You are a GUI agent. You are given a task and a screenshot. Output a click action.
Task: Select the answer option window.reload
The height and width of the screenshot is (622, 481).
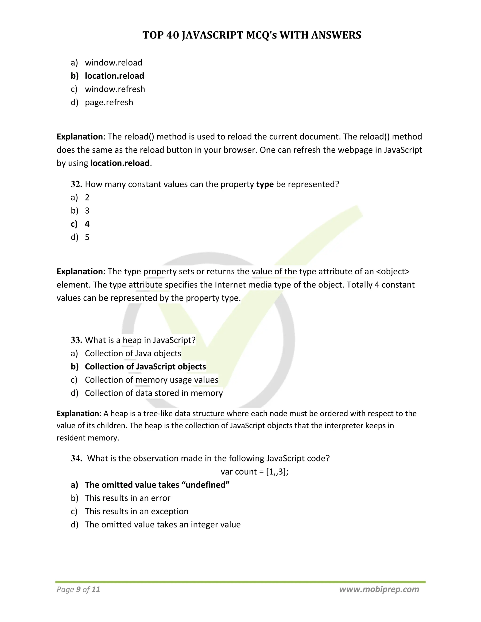pyautogui.click(x=113, y=63)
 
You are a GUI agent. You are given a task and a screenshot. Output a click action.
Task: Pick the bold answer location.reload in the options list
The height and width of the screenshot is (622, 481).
pyautogui.click(x=114, y=76)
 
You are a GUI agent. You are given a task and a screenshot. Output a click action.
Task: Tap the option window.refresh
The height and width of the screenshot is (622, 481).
pyautogui.click(x=115, y=89)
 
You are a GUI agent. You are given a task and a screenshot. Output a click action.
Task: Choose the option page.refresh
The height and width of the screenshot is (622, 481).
pyautogui.click(x=109, y=102)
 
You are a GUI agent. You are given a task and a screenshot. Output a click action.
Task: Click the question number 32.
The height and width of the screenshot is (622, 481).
pyautogui.click(x=76, y=184)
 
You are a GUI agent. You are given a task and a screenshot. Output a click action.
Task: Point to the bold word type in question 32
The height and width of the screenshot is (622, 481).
pyautogui.click(x=265, y=184)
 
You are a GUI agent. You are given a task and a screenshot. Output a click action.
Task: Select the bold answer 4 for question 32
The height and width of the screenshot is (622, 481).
pyautogui.click(x=87, y=224)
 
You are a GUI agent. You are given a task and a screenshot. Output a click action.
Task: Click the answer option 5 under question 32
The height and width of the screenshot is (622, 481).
pyautogui.click(x=87, y=237)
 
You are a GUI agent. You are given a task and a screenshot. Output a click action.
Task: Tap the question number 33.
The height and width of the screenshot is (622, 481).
pyautogui.click(x=76, y=340)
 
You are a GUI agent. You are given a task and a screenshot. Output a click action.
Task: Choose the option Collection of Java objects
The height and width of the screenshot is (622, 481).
pyautogui.click(x=133, y=353)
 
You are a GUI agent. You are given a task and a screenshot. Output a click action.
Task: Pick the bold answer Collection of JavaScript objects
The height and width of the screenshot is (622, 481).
pyautogui.click(x=145, y=367)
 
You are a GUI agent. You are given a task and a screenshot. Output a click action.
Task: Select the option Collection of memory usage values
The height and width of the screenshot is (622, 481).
pyautogui.click(x=151, y=380)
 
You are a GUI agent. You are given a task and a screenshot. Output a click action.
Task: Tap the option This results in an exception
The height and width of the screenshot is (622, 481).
pyautogui.click(x=136, y=511)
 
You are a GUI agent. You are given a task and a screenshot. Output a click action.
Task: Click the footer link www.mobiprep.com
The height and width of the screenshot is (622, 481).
pyautogui.click(x=379, y=589)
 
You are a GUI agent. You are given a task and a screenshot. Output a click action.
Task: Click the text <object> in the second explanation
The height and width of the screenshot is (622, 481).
pyautogui.click(x=393, y=271)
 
